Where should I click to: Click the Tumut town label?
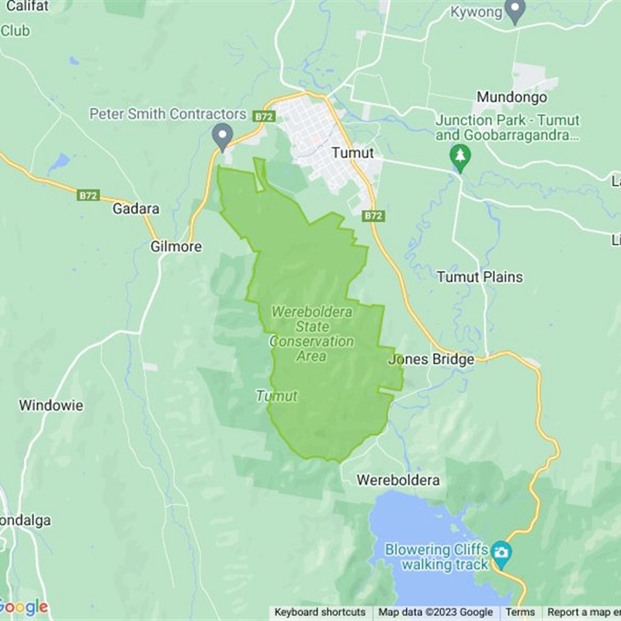click(x=352, y=153)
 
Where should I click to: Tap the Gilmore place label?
click(x=175, y=247)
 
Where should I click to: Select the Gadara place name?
click(x=136, y=209)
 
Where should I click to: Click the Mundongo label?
click(x=512, y=98)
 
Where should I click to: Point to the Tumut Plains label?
click(x=479, y=277)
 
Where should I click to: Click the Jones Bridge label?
click(x=431, y=360)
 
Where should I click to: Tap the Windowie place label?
click(x=51, y=405)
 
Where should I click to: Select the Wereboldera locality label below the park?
click(x=398, y=480)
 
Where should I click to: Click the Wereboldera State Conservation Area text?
click(x=311, y=334)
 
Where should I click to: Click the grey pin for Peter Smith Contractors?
click(x=223, y=137)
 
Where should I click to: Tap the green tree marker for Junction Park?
click(x=461, y=156)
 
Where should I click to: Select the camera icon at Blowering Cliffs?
click(x=501, y=552)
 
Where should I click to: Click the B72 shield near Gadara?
click(x=88, y=196)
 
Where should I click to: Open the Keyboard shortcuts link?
click(x=320, y=612)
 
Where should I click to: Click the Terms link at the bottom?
click(x=520, y=612)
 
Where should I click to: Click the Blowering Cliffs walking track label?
click(x=437, y=557)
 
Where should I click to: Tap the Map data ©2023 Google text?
click(x=435, y=612)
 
